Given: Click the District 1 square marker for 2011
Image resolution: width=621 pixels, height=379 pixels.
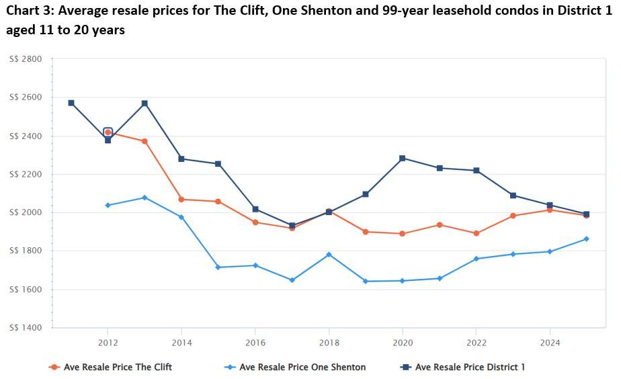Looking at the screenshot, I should click(71, 103).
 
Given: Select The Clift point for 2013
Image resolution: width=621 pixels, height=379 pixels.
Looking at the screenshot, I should click(144, 141).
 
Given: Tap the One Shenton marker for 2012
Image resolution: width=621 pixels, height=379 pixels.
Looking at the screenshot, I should click(108, 205).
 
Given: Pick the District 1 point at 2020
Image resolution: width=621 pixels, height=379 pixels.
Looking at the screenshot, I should click(403, 159).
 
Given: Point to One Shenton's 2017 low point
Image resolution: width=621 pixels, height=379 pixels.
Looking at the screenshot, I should click(292, 280).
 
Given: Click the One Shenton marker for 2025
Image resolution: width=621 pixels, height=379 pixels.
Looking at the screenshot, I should click(586, 239).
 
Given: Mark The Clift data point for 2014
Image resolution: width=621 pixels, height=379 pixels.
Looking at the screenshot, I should click(181, 199).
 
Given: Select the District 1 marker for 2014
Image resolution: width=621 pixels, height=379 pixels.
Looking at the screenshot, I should click(181, 159).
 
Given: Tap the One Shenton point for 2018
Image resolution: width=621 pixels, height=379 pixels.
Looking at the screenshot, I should click(329, 255).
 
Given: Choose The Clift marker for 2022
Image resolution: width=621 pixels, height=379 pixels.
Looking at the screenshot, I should click(476, 233).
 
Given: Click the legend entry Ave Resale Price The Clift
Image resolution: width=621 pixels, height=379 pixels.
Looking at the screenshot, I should click(118, 367).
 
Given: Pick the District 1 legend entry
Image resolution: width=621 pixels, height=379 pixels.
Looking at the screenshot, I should click(470, 367).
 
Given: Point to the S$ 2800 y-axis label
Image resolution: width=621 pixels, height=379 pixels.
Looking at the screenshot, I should click(26, 59).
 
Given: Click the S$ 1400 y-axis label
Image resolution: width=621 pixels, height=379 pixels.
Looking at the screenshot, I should click(26, 328).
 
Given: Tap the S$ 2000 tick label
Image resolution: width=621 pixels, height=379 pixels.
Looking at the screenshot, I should click(26, 213).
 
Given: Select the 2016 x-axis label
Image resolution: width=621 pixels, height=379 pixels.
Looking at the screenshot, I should click(255, 342).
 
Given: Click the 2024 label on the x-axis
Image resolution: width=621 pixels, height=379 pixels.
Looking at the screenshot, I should click(550, 342).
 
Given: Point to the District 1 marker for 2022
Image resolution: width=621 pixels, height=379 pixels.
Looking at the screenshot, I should click(476, 170).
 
